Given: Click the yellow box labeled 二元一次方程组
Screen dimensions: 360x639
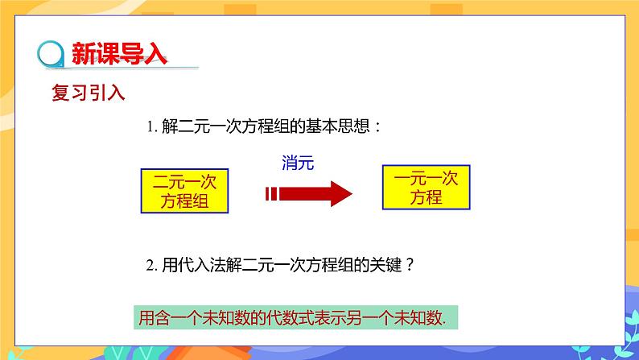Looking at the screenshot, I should [185, 191].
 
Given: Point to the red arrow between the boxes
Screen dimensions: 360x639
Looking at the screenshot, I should [307, 192].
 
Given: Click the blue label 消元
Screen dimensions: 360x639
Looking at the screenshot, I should [297, 162].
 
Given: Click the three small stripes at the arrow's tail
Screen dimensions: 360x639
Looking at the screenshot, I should [271, 192].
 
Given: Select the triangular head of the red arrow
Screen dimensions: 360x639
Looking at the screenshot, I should [339, 192].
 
